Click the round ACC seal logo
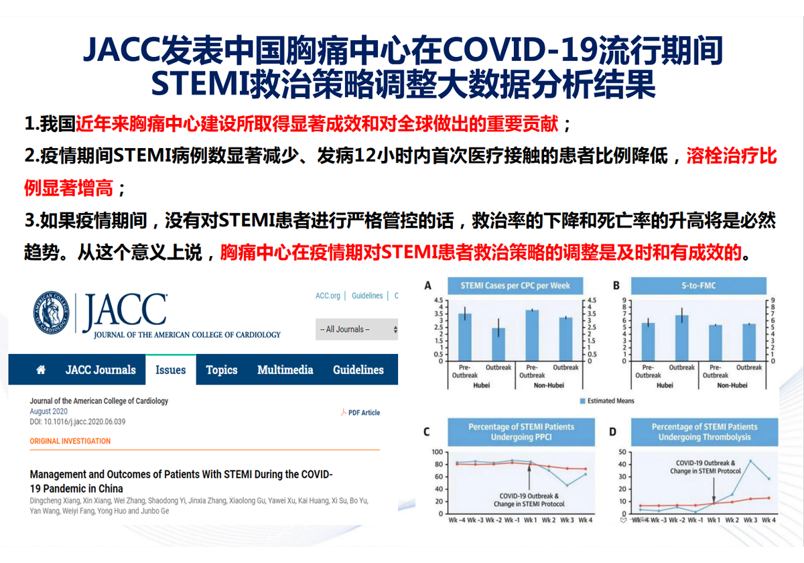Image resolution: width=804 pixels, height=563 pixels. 52,312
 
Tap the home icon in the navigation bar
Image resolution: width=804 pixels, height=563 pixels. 41,369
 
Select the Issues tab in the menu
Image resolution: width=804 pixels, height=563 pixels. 170,370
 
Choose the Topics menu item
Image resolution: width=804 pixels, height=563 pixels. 222,370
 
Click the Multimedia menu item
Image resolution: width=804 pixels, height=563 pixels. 285,370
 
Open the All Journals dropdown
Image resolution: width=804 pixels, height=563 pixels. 356,329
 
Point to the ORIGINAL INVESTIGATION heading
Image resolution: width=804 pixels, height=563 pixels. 70,441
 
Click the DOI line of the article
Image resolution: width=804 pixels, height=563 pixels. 78,422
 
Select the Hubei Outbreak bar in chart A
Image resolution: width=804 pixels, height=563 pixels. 498,345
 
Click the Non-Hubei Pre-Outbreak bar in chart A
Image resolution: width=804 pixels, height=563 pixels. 532,335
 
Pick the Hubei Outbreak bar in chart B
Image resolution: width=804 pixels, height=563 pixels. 681,338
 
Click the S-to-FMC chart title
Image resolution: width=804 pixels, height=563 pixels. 698,286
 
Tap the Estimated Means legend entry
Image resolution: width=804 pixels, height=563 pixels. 607,401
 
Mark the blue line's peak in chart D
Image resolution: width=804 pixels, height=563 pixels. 750,460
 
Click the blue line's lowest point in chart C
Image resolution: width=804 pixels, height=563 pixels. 567,485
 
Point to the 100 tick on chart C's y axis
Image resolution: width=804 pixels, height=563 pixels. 437,452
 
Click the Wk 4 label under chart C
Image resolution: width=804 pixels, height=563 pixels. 586,520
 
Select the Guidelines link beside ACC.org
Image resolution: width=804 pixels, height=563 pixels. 367,296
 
